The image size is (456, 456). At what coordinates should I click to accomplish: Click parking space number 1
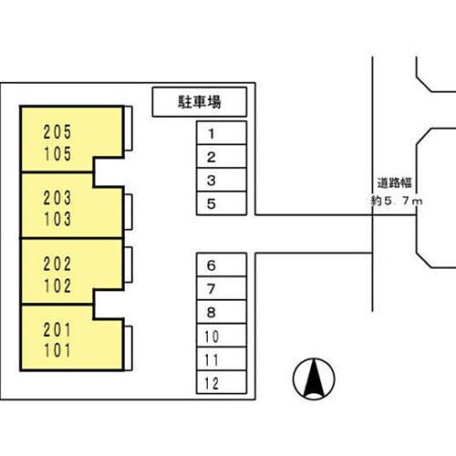pyautogui.click(x=222, y=133)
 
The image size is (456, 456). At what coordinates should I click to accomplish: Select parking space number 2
pyautogui.click(x=222, y=156)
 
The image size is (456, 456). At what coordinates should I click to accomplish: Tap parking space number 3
pyautogui.click(x=222, y=180)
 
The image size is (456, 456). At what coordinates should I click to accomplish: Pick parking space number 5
pyautogui.click(x=222, y=203)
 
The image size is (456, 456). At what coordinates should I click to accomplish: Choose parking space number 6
pyautogui.click(x=222, y=264)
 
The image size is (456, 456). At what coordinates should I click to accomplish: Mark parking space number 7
pyautogui.click(x=222, y=288)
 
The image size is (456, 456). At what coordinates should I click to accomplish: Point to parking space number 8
pyautogui.click(x=222, y=312)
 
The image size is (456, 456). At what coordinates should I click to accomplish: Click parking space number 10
pyautogui.click(x=222, y=336)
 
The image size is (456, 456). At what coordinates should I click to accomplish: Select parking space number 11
pyautogui.click(x=222, y=358)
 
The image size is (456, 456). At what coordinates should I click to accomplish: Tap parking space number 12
pyautogui.click(x=222, y=382)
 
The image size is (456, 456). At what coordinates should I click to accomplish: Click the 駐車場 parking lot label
pyautogui.click(x=200, y=102)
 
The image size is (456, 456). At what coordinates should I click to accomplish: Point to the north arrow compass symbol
pyautogui.click(x=314, y=378)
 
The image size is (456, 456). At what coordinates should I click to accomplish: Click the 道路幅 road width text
pyautogui.click(x=395, y=183)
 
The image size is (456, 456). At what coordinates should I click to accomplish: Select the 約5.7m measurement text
pyautogui.click(x=397, y=201)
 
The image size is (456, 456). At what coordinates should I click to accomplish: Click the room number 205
pyautogui.click(x=57, y=132)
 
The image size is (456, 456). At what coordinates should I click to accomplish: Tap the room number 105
pyautogui.click(x=57, y=154)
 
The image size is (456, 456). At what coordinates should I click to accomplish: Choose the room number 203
pyautogui.click(x=57, y=198)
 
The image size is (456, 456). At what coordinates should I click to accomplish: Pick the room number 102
pyautogui.click(x=57, y=285)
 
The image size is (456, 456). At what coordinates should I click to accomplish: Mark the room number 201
pyautogui.click(x=57, y=330)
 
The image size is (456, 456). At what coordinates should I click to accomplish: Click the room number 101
pyautogui.click(x=57, y=350)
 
